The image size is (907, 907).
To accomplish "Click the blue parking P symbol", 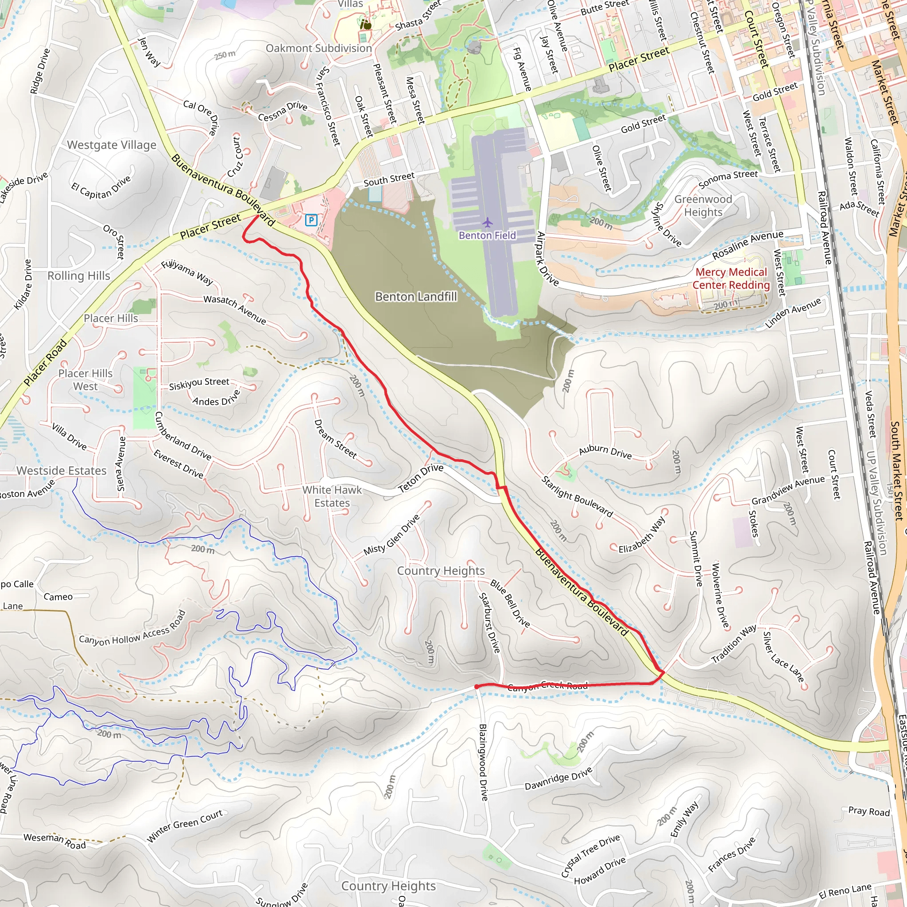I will coord(311,220).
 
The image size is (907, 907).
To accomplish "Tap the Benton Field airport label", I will coord(487,235).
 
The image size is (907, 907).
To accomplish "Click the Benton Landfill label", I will coord(416,297).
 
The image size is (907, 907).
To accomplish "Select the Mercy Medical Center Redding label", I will coord(731,279).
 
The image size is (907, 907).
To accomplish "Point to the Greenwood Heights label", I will coord(703,205).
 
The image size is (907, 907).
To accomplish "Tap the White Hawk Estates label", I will coord(332,496).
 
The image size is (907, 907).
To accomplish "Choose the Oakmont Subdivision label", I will coord(319,48).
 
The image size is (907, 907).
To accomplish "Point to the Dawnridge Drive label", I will coord(558,779).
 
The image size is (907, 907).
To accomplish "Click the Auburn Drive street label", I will coord(605,451).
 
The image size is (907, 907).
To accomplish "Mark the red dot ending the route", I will coord(477,687).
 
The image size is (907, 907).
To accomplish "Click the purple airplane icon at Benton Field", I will coord(488,222).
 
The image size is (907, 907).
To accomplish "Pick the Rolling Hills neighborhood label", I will coord(79,275).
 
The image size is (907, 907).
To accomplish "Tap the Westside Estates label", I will coord(62,470).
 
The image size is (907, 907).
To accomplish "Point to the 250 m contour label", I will coord(225,55).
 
